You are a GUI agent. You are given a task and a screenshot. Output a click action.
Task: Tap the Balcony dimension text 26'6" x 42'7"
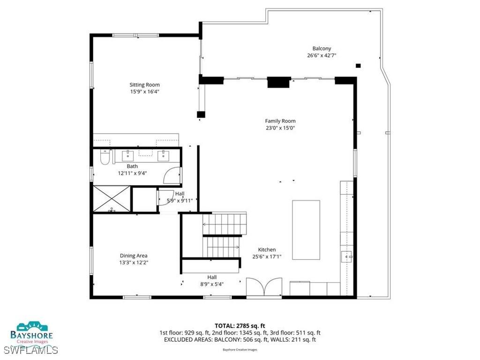pyautogui.click(x=322, y=55)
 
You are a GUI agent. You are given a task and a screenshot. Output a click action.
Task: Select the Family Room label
pyautogui.click(x=280, y=121)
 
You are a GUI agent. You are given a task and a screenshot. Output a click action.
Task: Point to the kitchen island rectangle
pyautogui.click(x=306, y=230)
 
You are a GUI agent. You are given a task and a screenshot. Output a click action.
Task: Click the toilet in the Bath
pyautogui.click(x=105, y=160)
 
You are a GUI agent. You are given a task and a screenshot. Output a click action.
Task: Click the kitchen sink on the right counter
pyautogui.click(x=347, y=256)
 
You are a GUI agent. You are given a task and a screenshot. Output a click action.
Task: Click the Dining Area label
pyautogui.click(x=134, y=255)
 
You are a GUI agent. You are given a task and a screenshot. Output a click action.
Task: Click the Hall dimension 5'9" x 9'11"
pyautogui.click(x=180, y=201)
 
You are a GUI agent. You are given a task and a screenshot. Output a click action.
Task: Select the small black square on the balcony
pyautogui.click(x=358, y=66)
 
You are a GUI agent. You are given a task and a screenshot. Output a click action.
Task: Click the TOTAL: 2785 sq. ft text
pyautogui.click(x=240, y=325)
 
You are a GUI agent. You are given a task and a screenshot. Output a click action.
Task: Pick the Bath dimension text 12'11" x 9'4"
pyautogui.click(x=132, y=173)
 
